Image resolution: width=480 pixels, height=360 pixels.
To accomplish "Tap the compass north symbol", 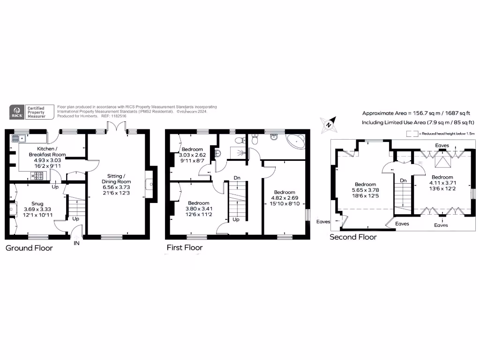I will click(329, 125).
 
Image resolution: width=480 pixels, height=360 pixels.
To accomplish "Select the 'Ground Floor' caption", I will click(29, 248).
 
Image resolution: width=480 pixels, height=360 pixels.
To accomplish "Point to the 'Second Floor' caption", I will click(353, 237).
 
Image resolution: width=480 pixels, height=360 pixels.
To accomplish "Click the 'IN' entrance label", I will click(76, 243).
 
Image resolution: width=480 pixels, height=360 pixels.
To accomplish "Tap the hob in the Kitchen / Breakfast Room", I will click(38, 176).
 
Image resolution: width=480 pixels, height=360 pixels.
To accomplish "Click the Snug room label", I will click(37, 203).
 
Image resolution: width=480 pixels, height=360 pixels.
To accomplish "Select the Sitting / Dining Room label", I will click(117, 178).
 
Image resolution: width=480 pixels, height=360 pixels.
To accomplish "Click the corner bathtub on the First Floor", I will click(296, 141).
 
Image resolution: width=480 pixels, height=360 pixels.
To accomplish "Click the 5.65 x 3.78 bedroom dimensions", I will click(365, 190).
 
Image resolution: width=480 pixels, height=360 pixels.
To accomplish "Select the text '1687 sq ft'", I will click(455, 113).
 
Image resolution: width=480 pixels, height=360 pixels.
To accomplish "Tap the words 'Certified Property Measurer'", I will click(36, 112).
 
